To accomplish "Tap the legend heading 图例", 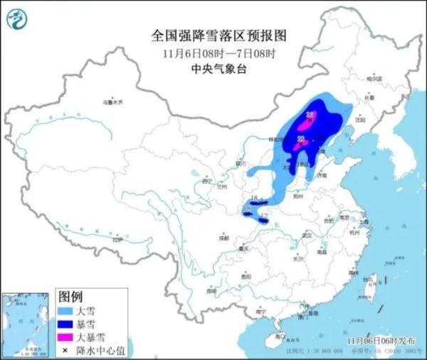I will click(70, 296).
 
